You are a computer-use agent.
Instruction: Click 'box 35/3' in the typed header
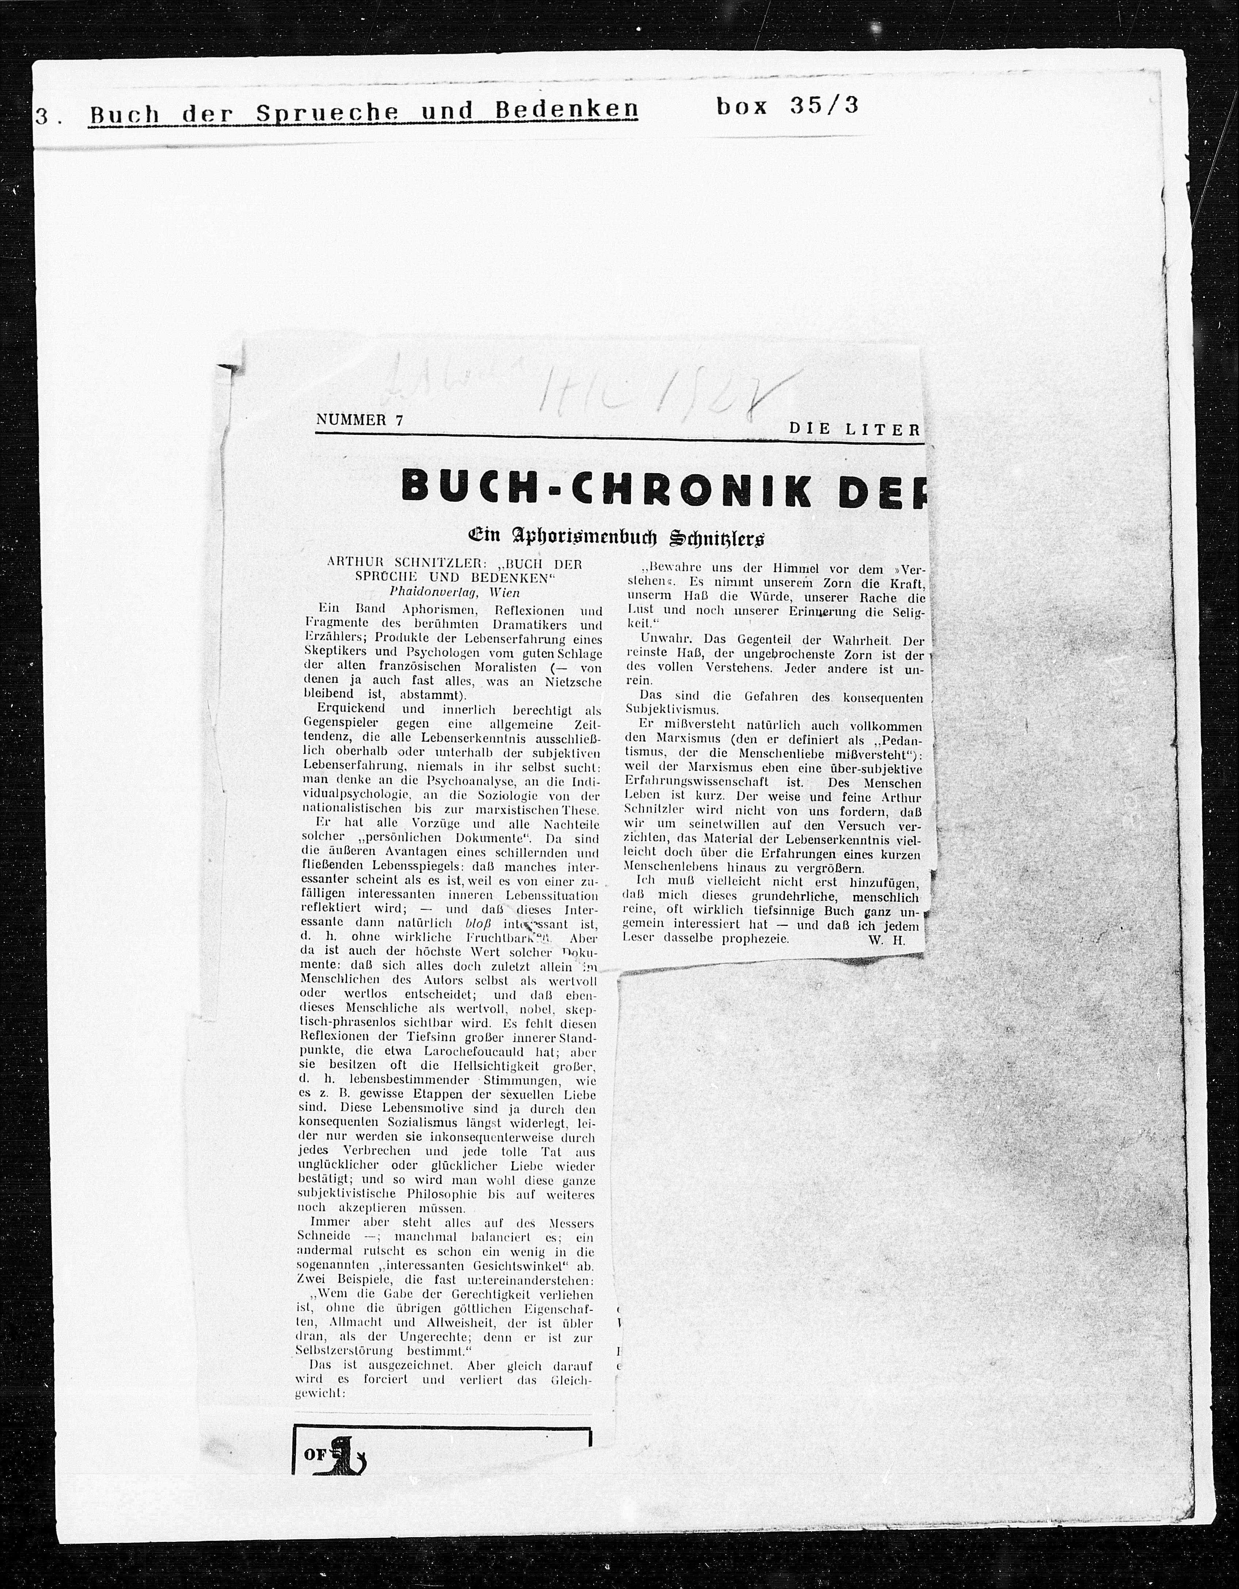point(788,106)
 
